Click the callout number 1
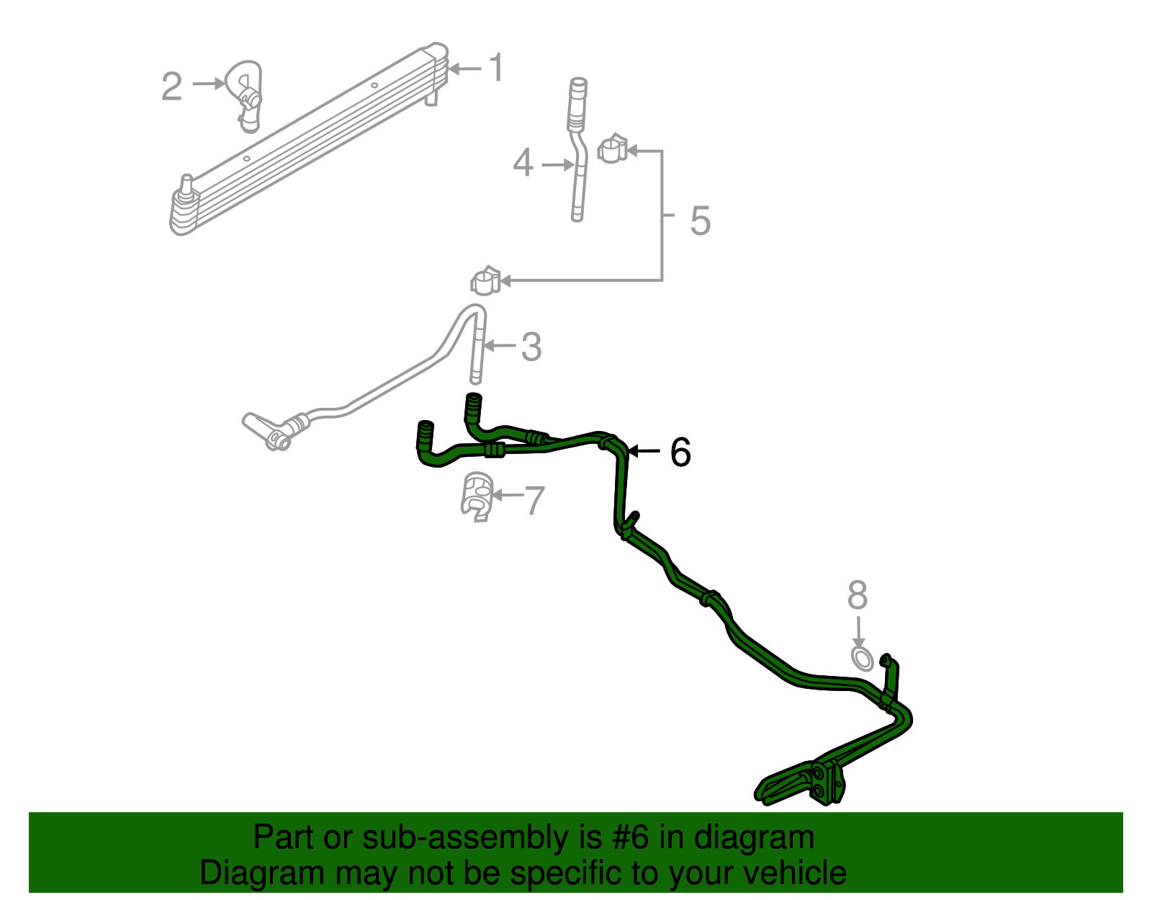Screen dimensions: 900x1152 496,68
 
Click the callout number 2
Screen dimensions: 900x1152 171,86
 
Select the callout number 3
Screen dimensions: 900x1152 531,347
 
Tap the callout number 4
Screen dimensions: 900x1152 523,163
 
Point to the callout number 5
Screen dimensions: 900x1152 700,220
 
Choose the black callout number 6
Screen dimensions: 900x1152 680,453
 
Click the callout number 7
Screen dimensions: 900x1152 534,500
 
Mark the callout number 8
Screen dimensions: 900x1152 858,596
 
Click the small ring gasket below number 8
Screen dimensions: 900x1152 862,659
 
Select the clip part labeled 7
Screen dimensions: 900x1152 477,496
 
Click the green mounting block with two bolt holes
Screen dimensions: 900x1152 826,783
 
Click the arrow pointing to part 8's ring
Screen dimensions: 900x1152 858,632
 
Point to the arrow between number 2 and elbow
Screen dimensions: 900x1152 210,84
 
